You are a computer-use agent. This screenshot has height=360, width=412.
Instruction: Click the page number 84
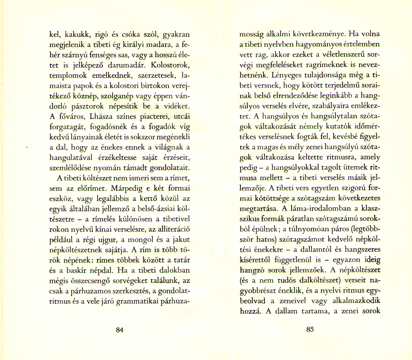tap(120, 330)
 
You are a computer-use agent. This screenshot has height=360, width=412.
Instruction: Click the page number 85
tap(310, 329)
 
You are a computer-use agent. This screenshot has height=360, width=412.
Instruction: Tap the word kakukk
tap(76, 34)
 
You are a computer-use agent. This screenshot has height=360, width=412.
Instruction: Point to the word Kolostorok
tap(172, 65)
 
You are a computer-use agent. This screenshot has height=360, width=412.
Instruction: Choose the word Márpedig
tap(126, 189)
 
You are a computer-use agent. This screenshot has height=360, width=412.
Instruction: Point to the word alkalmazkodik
tap(356, 301)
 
